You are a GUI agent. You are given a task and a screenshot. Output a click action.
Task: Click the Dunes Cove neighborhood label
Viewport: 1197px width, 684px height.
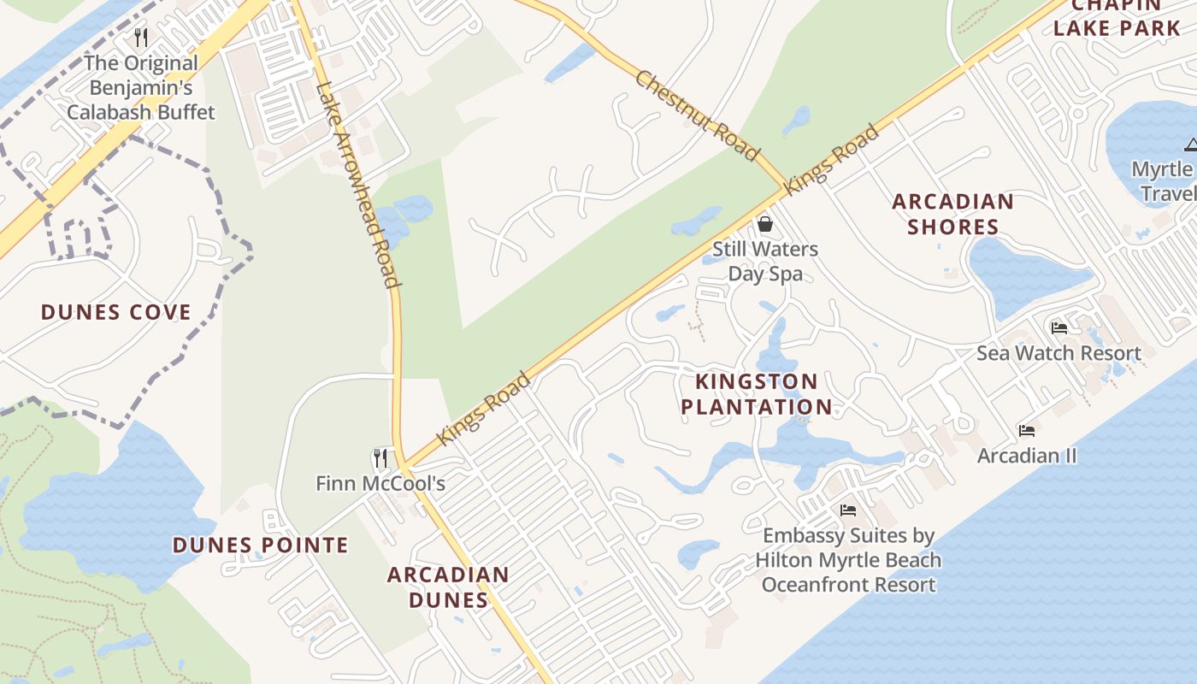click(x=115, y=312)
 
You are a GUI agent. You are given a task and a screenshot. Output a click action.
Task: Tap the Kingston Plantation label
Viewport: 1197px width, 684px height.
click(x=756, y=394)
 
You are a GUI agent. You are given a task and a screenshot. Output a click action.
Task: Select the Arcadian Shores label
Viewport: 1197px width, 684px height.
click(x=952, y=215)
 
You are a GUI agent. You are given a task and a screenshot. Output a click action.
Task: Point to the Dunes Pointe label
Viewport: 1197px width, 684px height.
click(x=260, y=545)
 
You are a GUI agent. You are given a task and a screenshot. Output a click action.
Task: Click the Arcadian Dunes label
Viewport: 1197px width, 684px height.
click(x=448, y=587)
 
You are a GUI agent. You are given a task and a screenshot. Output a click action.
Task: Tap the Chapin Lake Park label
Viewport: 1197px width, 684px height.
click(x=1116, y=17)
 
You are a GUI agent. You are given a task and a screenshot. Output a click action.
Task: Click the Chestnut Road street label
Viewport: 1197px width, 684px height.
click(x=697, y=115)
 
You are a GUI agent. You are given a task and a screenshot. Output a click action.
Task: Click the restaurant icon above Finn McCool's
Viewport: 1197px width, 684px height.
click(x=380, y=457)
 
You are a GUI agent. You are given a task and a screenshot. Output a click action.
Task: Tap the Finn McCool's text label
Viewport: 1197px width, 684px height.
click(x=380, y=484)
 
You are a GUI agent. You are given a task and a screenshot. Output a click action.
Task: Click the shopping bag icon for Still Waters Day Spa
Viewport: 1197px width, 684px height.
click(x=765, y=224)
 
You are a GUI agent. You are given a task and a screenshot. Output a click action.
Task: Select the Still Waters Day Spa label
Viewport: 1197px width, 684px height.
click(x=765, y=262)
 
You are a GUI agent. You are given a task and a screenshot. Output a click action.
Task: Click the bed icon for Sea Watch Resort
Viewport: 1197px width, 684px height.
click(x=1058, y=327)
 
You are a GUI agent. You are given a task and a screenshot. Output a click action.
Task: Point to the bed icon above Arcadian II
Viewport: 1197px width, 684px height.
click(x=1027, y=430)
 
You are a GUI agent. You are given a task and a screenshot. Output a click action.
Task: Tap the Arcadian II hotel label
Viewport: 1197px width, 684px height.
click(x=1027, y=456)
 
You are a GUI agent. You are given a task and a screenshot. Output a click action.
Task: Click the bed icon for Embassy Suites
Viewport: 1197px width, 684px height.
click(x=848, y=510)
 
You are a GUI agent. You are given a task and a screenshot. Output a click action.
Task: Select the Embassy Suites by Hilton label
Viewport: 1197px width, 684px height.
click(x=848, y=560)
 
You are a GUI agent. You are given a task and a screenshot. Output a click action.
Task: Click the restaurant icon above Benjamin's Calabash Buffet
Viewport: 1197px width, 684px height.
click(x=141, y=38)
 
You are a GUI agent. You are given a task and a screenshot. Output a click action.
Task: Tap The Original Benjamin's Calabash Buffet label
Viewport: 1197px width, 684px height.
click(x=141, y=87)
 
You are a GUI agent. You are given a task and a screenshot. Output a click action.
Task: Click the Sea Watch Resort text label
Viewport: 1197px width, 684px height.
click(x=1058, y=353)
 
